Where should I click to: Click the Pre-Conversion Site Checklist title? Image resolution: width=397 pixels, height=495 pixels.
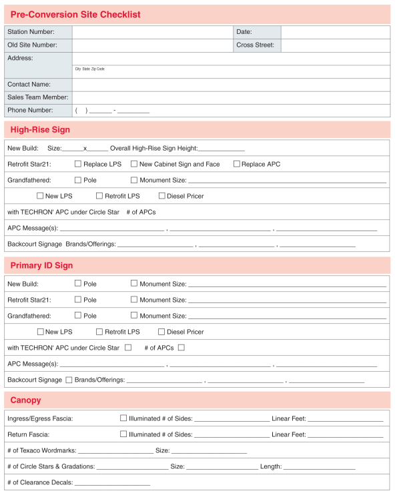click(75, 15)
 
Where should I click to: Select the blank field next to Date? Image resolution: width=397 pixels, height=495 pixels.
click(335, 32)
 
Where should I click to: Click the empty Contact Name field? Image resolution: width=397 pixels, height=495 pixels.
click(231, 85)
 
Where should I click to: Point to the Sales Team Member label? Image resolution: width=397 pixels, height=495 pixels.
click(38, 98)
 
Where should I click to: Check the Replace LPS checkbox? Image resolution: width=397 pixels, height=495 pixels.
click(78, 164)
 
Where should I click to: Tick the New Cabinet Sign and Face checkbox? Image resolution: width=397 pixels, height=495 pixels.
click(134, 164)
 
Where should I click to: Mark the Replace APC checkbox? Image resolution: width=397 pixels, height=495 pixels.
click(237, 164)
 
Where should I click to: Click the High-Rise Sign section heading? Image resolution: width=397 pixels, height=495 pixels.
click(40, 130)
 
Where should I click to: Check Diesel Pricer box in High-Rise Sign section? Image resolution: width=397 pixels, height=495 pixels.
click(161, 196)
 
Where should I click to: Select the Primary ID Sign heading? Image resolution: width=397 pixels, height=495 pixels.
click(41, 266)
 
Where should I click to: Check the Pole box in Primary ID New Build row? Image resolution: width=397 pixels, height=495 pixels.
click(78, 283)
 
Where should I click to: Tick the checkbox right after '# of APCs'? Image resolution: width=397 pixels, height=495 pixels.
click(181, 347)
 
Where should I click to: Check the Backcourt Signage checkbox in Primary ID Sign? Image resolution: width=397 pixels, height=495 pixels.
click(69, 380)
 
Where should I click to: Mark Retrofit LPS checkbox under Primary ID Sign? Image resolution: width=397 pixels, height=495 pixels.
click(99, 331)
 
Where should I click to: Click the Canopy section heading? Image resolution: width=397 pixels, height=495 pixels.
click(26, 400)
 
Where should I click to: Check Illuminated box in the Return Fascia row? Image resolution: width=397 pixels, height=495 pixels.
click(123, 434)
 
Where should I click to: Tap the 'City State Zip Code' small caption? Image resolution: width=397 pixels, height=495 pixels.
click(89, 69)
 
